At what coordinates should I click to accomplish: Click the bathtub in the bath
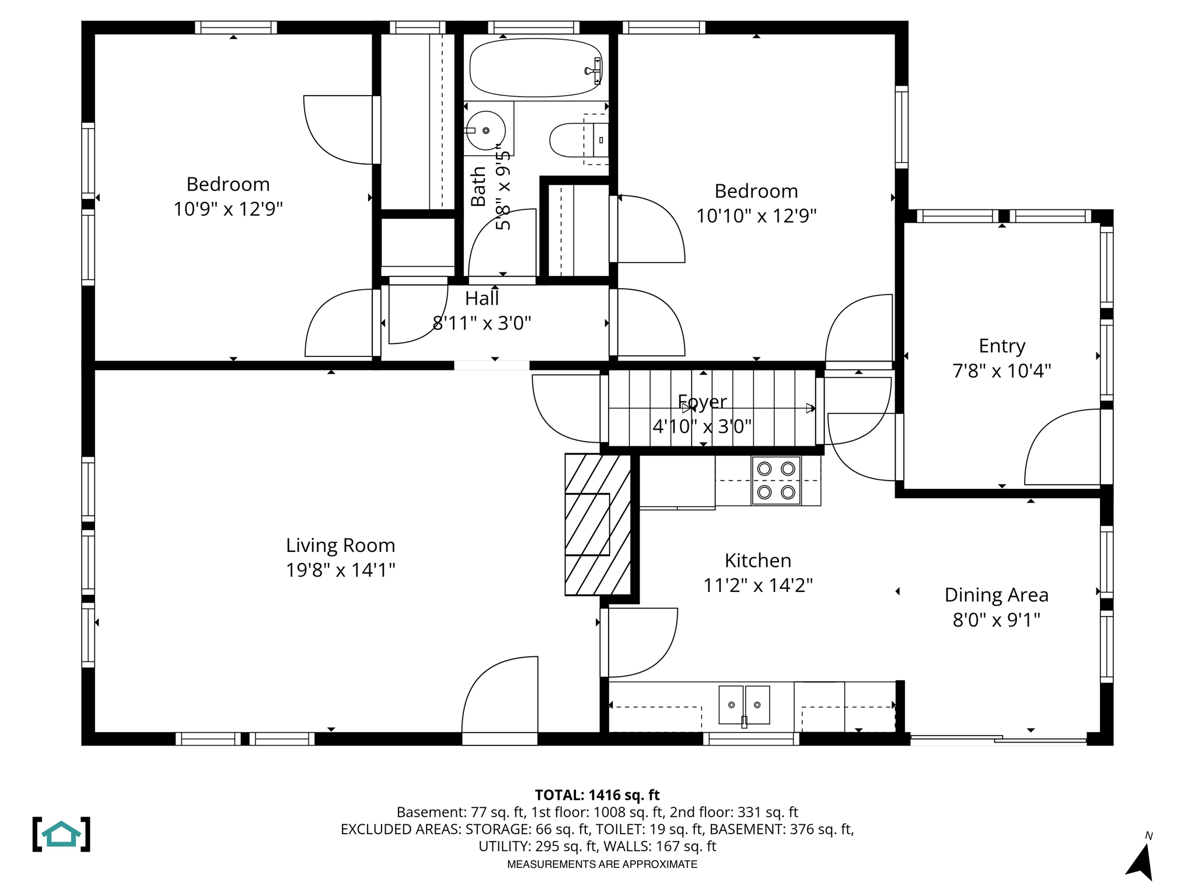pyautogui.click(x=536, y=68)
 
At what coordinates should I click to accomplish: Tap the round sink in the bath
pyautogui.click(x=485, y=130)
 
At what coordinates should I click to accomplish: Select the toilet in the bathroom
pyautogui.click(x=575, y=140)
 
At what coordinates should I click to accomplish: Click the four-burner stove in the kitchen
pyautogui.click(x=776, y=481)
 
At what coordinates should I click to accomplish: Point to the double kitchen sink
pyautogui.click(x=744, y=705)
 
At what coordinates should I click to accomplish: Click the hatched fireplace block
pyautogui.click(x=597, y=524)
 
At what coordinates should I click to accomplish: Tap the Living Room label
pyautogui.click(x=340, y=545)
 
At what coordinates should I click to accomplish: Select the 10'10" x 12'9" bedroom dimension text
pyautogui.click(x=756, y=216)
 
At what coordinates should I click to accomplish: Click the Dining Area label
pyautogui.click(x=996, y=595)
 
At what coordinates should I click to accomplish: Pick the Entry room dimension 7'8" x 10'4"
pyautogui.click(x=1001, y=370)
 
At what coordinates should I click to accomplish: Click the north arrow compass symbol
pyautogui.click(x=1141, y=861)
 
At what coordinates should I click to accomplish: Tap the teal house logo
pyautogui.click(x=61, y=834)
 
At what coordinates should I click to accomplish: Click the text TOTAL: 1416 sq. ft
pyautogui.click(x=597, y=794)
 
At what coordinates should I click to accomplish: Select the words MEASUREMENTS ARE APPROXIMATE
pyautogui.click(x=602, y=864)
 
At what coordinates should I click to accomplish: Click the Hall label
pyautogui.click(x=481, y=299)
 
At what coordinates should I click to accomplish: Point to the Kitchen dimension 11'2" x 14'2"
pyautogui.click(x=757, y=585)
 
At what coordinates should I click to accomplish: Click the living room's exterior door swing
pyautogui.click(x=499, y=697)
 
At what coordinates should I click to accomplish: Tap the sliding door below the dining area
pyautogui.click(x=998, y=740)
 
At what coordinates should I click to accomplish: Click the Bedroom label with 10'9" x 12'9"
pyautogui.click(x=228, y=184)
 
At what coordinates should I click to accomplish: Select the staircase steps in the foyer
pyautogui.click(x=712, y=408)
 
